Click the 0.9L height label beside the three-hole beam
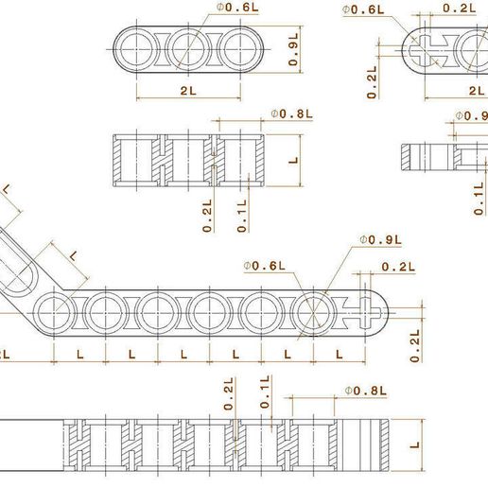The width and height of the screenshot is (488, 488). [293, 50]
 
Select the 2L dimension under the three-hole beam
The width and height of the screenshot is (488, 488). [188, 91]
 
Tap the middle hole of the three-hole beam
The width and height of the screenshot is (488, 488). [188, 49]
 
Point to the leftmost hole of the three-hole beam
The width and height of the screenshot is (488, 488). [136, 49]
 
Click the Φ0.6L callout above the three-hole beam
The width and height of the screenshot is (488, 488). [237, 8]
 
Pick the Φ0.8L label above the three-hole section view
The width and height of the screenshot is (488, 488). [292, 113]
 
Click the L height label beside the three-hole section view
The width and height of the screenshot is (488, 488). [293, 160]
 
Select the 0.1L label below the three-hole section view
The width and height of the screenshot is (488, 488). [242, 216]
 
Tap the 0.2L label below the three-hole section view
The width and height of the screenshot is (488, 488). [207, 216]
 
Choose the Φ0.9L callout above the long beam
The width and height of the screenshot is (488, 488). [381, 240]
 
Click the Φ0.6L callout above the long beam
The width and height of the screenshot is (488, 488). [265, 266]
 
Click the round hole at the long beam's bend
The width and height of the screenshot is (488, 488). [54, 313]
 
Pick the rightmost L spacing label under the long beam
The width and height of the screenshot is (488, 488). [339, 355]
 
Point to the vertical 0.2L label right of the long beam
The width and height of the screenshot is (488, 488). [415, 346]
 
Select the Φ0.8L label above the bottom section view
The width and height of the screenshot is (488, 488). [366, 391]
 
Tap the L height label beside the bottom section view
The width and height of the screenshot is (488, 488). [415, 444]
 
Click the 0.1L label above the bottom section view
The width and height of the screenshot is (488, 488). [265, 392]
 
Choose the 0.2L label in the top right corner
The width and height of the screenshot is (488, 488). [460, 9]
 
